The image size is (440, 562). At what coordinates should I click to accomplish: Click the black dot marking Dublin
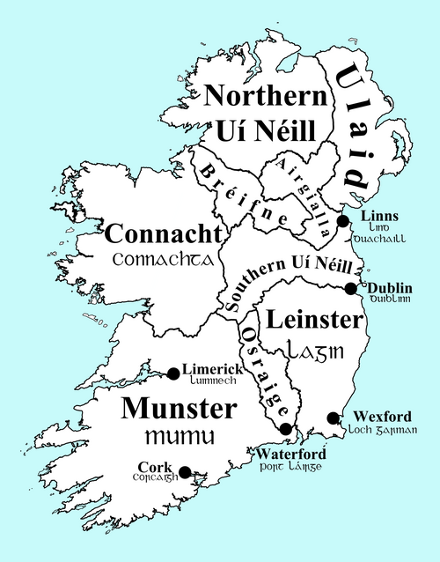[x=350, y=288]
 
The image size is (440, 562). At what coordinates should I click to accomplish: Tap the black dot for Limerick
[x=172, y=373]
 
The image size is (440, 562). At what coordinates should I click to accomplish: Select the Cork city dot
[x=185, y=471]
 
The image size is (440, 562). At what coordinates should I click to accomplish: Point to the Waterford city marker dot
[x=285, y=429]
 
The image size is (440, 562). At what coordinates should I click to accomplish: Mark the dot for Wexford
[x=333, y=418]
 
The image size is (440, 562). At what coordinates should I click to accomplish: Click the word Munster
[x=179, y=409]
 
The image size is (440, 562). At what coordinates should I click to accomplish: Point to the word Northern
[x=259, y=96]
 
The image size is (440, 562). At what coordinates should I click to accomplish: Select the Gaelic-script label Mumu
[x=179, y=437]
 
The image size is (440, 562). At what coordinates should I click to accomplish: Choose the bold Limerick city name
[x=212, y=370]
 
